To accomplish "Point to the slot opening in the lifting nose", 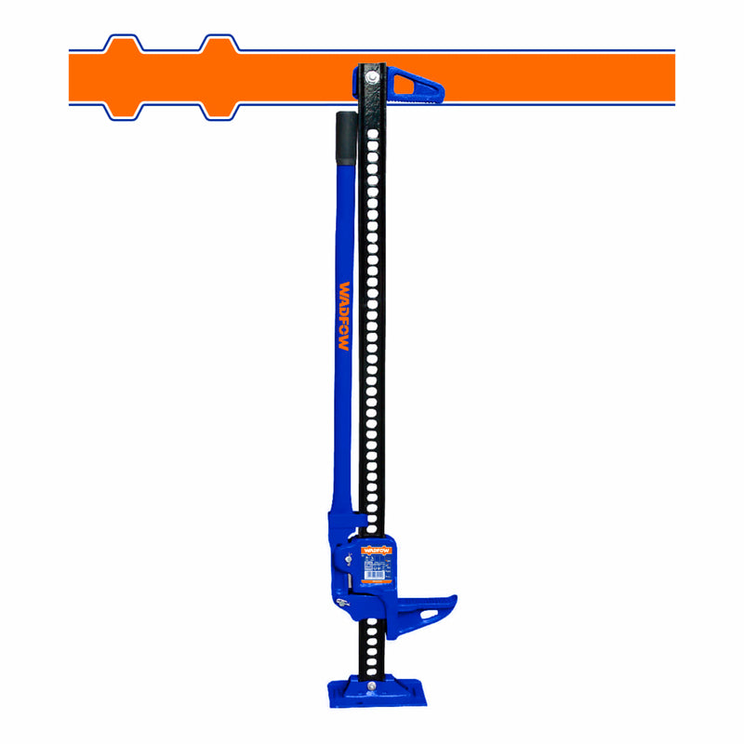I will click(x=431, y=613).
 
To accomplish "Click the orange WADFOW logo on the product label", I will click(x=379, y=550).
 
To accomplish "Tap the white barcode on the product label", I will click(x=377, y=575).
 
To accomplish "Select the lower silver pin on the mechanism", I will click(x=345, y=605).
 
